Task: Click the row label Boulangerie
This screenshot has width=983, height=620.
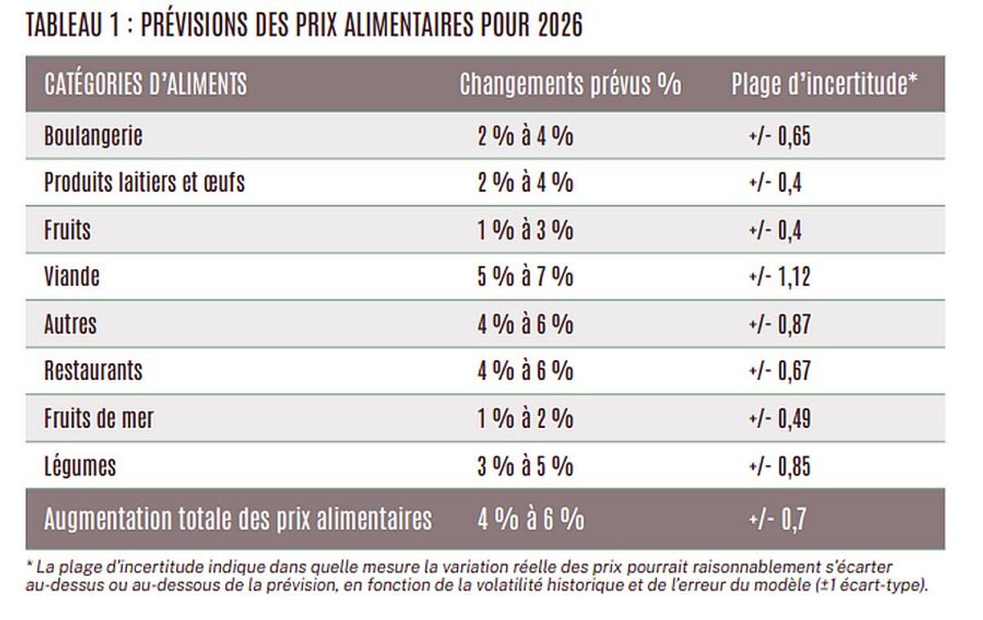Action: pyautogui.click(x=93, y=135)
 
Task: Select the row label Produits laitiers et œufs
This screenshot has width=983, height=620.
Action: pyautogui.click(x=144, y=182)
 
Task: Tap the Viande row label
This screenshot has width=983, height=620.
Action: pyautogui.click(x=72, y=276)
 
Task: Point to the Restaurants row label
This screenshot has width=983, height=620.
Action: pyautogui.click(x=93, y=371)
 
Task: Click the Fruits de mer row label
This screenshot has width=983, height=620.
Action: pyautogui.click(x=99, y=418)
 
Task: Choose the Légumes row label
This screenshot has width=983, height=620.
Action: pyautogui.click(x=80, y=466)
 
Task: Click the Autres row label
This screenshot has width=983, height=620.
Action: pyautogui.click(x=70, y=324)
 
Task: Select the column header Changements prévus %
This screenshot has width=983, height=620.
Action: pyautogui.click(x=570, y=84)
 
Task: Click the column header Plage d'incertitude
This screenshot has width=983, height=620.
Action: pyautogui.click(x=823, y=84)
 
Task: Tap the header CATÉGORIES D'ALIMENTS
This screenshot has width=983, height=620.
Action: pyautogui.click(x=146, y=84)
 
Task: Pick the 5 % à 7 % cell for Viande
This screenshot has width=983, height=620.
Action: pyautogui.click(x=525, y=276)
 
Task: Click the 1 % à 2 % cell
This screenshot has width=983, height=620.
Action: pyautogui.click(x=525, y=418)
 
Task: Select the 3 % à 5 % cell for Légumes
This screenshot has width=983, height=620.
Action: pyautogui.click(x=525, y=466)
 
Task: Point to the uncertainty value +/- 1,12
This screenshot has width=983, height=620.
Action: pyautogui.click(x=779, y=276)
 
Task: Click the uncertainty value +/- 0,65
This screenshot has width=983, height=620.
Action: pyautogui.click(x=779, y=135)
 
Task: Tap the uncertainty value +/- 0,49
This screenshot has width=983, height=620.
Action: pyautogui.click(x=779, y=418)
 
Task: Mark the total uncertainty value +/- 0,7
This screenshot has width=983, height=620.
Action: pyautogui.click(x=777, y=520)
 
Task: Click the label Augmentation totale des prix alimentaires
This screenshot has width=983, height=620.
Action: pyautogui.click(x=238, y=520)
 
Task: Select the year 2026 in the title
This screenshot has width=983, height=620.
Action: pyautogui.click(x=560, y=25)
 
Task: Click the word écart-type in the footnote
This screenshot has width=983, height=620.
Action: pyautogui.click(x=895, y=586)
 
